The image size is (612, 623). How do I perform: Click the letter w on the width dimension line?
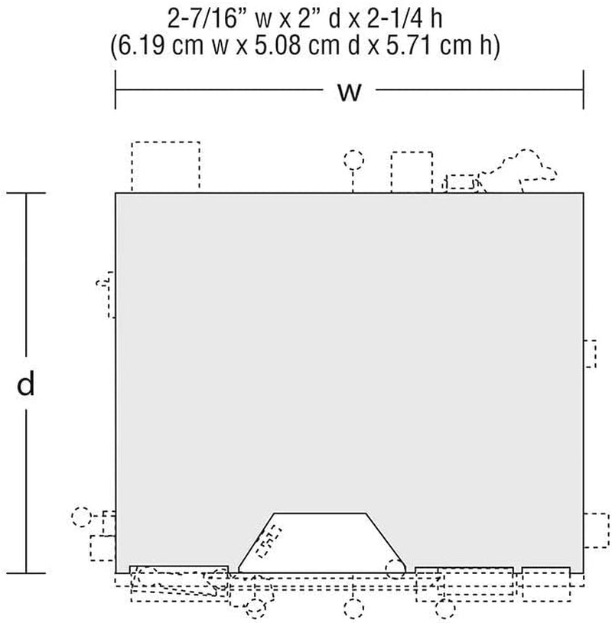tap(350, 93)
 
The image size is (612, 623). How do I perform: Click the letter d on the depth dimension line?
tap(26, 383)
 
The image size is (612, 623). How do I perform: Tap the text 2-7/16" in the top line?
tap(203, 18)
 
